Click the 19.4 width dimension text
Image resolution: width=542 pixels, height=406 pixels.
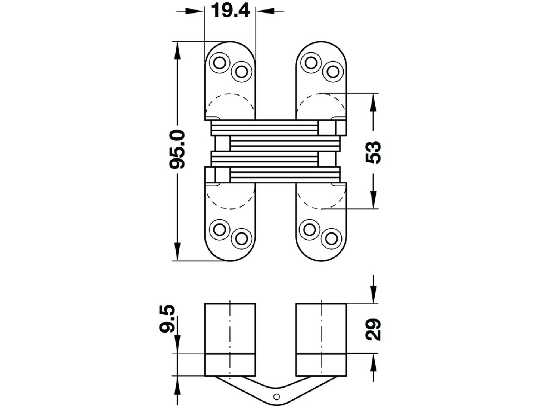230,11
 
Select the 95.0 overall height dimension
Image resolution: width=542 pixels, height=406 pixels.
177,149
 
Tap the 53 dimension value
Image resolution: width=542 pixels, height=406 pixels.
373,152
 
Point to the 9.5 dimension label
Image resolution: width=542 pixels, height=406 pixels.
167,318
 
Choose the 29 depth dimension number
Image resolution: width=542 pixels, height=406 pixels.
373,329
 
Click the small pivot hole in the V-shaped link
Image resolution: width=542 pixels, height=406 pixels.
276,396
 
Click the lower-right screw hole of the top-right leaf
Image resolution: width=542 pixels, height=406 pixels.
333,72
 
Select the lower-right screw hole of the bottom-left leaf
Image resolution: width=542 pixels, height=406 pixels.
241,239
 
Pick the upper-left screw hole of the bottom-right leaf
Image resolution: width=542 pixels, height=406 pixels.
310,230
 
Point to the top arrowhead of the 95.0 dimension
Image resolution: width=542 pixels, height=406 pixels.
177,50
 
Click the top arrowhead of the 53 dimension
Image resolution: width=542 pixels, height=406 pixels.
373,102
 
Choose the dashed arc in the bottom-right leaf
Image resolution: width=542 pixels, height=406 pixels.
321,208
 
